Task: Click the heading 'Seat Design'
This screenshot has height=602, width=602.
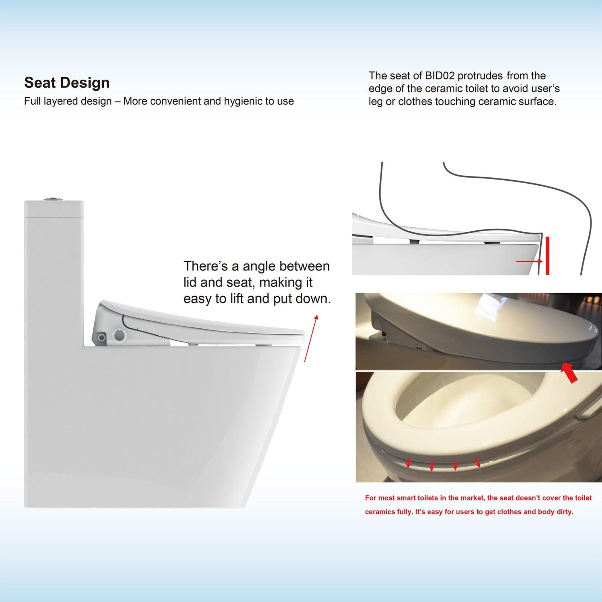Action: (x=67, y=83)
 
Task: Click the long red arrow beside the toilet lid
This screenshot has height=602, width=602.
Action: (x=311, y=338)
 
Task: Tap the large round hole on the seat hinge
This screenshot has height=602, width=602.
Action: (x=120, y=335)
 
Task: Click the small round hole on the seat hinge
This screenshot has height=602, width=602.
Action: (x=101, y=338)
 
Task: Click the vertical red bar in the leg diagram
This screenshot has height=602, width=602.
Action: (x=548, y=256)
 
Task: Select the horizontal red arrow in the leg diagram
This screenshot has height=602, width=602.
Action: (x=529, y=261)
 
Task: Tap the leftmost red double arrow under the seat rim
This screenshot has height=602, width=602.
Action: (x=408, y=472)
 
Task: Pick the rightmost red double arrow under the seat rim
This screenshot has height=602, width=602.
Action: (x=477, y=471)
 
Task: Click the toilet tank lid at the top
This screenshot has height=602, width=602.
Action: (x=54, y=209)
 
